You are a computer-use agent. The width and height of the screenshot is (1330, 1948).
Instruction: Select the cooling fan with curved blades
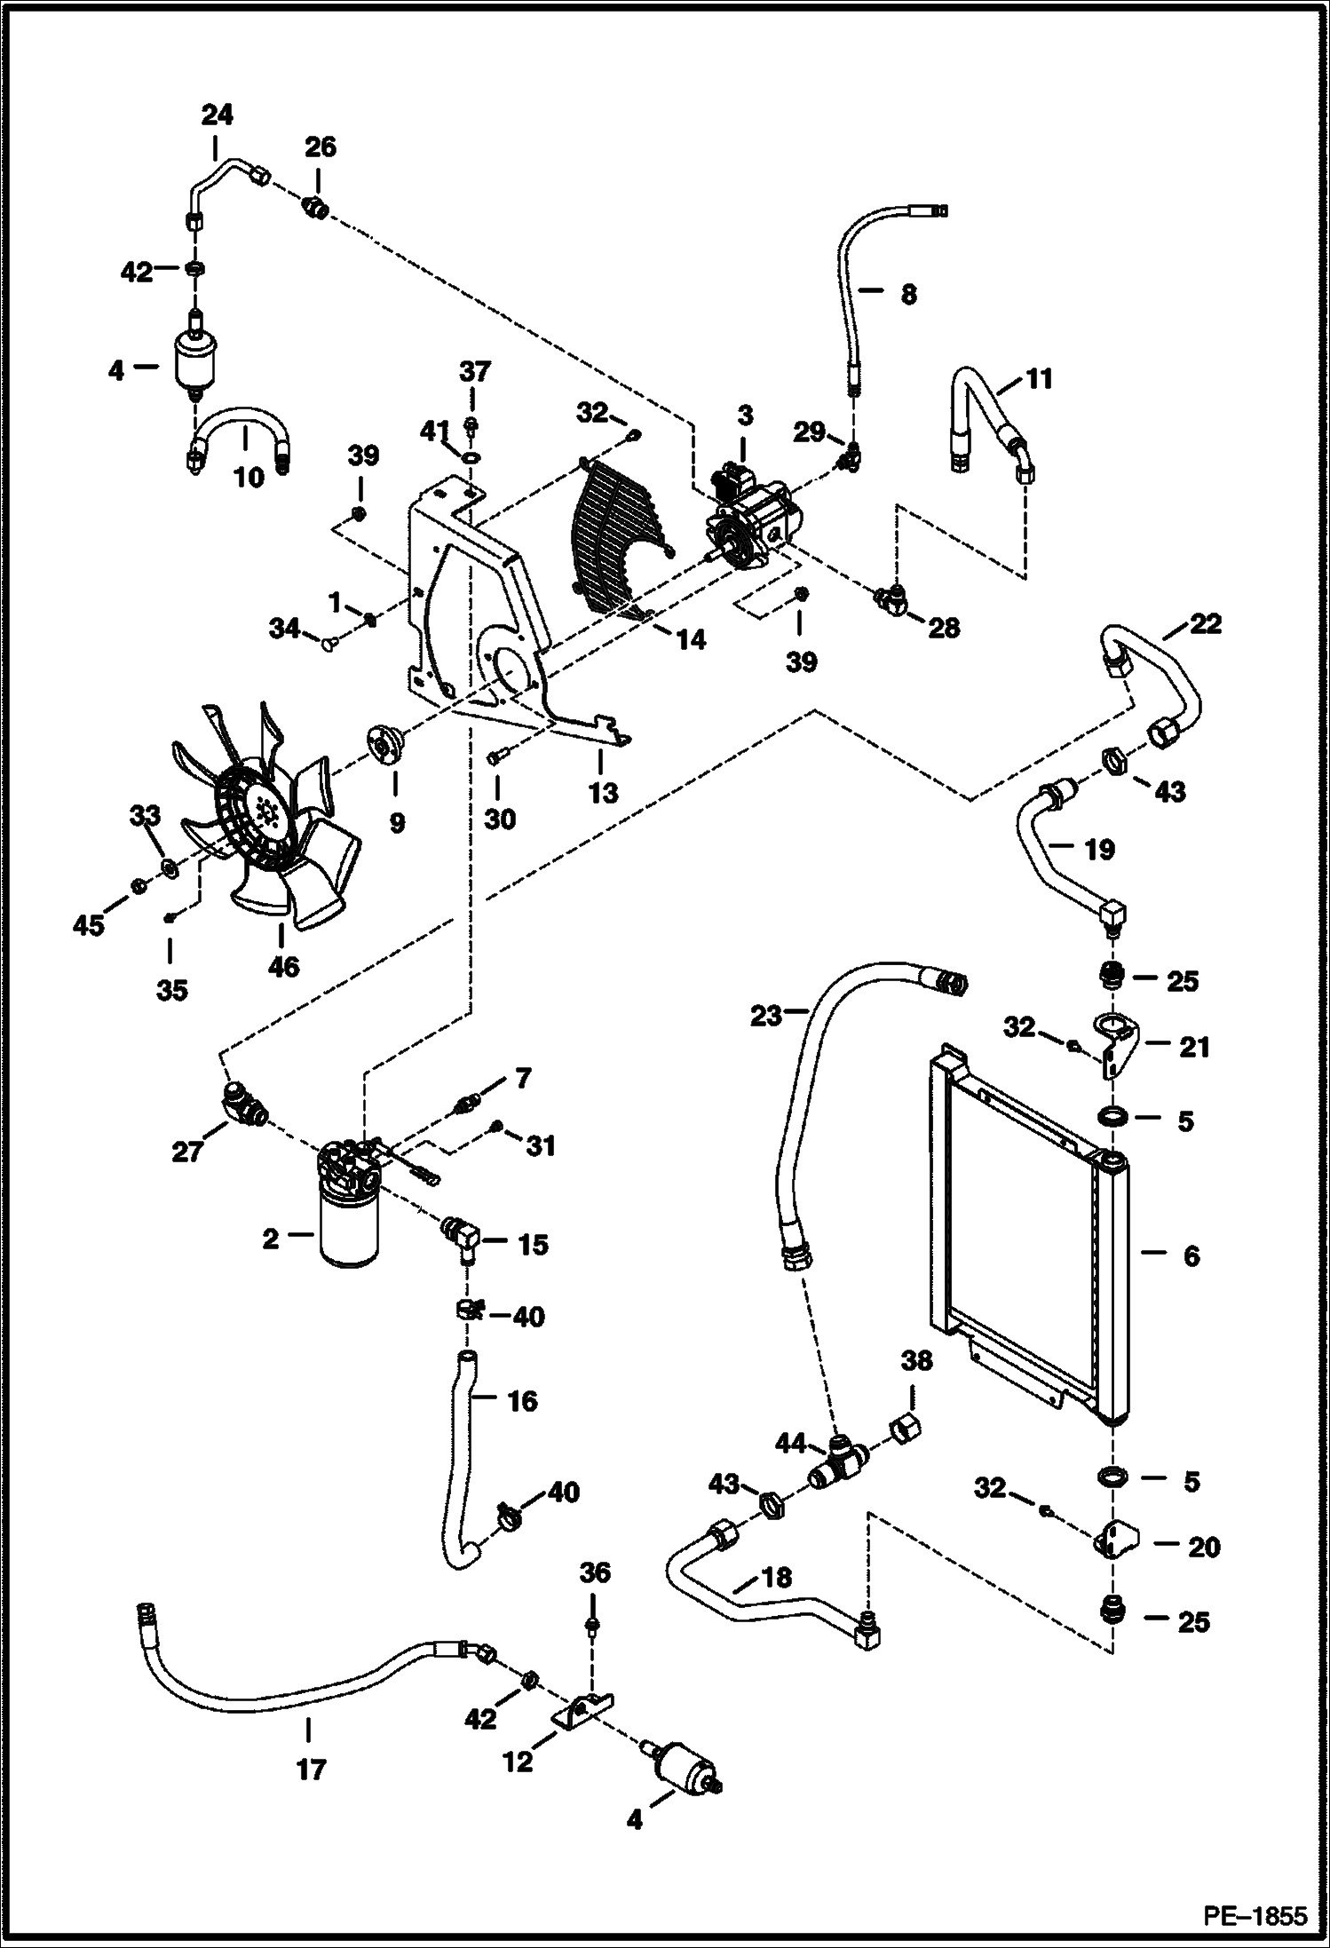(x=266, y=817)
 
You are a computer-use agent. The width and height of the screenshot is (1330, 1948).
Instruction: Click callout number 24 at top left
(x=217, y=115)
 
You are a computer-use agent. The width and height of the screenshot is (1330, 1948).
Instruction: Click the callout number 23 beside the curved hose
(x=764, y=1014)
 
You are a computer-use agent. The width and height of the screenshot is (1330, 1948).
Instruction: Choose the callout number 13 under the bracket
(x=604, y=793)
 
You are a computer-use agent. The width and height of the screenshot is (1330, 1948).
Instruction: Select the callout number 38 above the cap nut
(x=916, y=1361)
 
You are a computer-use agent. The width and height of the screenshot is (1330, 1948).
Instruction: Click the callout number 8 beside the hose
(x=907, y=294)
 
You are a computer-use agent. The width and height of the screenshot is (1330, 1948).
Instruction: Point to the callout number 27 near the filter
(x=188, y=1152)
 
